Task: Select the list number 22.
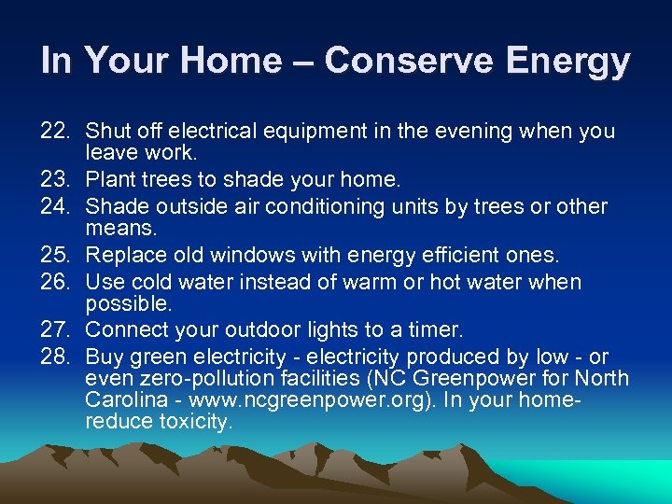(58, 132)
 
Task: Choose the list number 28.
(58, 357)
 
